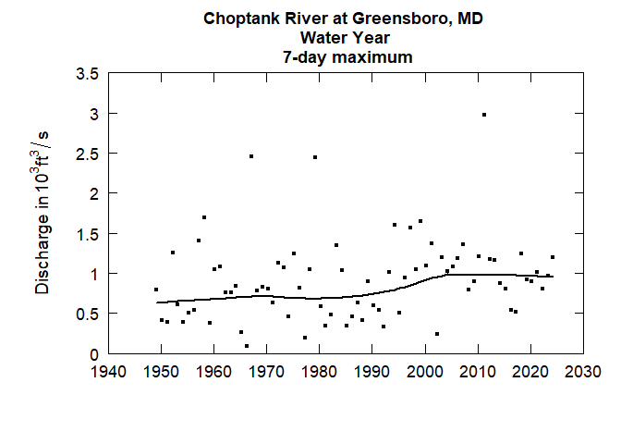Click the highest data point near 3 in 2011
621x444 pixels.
[x=483, y=115]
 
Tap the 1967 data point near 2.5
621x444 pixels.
[x=250, y=156]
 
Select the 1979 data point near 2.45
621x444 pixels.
[x=315, y=157]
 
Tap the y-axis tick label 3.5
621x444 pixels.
[x=88, y=73]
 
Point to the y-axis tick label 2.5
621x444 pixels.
[x=88, y=154]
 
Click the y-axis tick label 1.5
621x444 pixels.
[x=88, y=233]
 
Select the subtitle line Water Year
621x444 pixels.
[x=346, y=38]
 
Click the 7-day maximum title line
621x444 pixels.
[x=346, y=56]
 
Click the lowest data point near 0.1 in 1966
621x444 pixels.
[x=247, y=346]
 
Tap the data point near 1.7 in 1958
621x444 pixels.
[x=204, y=217]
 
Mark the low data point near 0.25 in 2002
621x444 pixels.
[x=436, y=334]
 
